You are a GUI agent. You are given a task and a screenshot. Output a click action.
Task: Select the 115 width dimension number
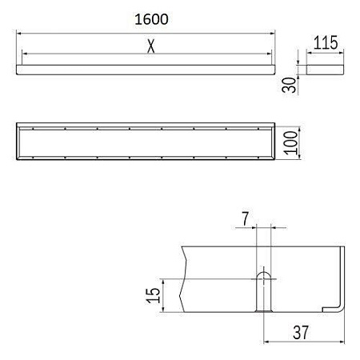coord(324,44)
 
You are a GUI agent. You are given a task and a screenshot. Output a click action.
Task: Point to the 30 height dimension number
coord(290,84)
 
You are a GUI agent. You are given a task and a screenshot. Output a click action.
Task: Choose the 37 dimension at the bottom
coord(302,331)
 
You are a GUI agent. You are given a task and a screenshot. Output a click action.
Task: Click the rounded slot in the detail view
coord(262,290)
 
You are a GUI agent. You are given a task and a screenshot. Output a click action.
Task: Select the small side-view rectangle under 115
coord(325,70)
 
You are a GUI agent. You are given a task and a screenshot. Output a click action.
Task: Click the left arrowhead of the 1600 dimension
coord(20,34)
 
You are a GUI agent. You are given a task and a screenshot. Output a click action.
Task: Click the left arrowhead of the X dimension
coord(26,54)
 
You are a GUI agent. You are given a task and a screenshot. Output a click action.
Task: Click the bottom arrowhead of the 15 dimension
coord(163,310)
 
